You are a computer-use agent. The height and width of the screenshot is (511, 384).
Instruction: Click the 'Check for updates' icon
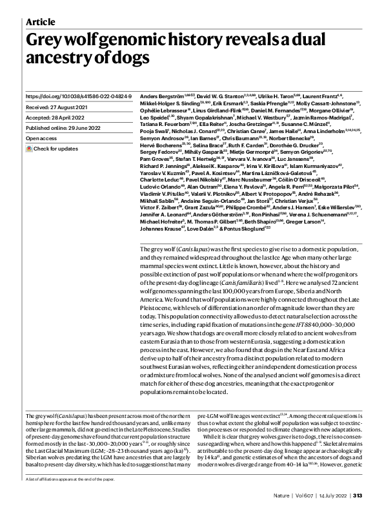click(29, 149)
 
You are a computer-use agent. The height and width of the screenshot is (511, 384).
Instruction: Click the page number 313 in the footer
click(365, 495)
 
